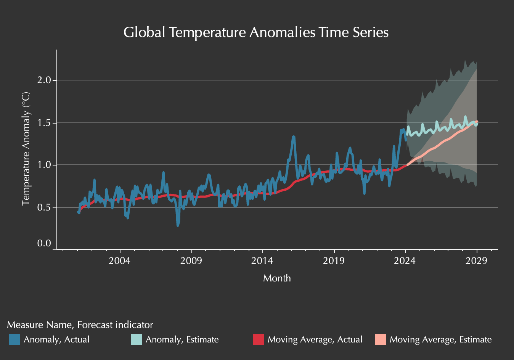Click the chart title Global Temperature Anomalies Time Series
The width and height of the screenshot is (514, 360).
tap(256, 32)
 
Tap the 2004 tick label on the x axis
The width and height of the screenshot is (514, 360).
tap(120, 261)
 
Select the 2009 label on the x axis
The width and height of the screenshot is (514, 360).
tap(191, 261)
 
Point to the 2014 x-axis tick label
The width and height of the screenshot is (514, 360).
tap(262, 261)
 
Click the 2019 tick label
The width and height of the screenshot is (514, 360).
tap(334, 261)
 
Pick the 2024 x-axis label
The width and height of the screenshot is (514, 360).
tap(405, 261)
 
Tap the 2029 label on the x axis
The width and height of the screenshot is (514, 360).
tap(477, 261)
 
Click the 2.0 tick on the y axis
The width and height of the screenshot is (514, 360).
tap(44, 80)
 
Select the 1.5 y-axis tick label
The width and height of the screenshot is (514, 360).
tap(44, 123)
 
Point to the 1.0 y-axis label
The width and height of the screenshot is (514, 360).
tap(44, 165)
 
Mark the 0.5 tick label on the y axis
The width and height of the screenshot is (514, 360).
tap(44, 208)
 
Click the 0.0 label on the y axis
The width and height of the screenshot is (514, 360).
tap(44, 243)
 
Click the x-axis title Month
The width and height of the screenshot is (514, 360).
tap(277, 278)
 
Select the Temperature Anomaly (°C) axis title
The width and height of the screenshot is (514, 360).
tap(26, 149)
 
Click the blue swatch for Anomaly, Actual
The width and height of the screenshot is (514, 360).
tap(14, 339)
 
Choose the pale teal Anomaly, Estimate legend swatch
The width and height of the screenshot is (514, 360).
tap(136, 339)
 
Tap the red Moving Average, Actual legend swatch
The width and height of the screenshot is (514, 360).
tap(259, 339)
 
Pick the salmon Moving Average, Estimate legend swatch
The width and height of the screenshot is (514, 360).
tap(381, 339)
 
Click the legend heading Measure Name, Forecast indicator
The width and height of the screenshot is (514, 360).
tap(80, 325)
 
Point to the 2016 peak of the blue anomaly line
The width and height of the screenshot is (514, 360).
tap(293, 137)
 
